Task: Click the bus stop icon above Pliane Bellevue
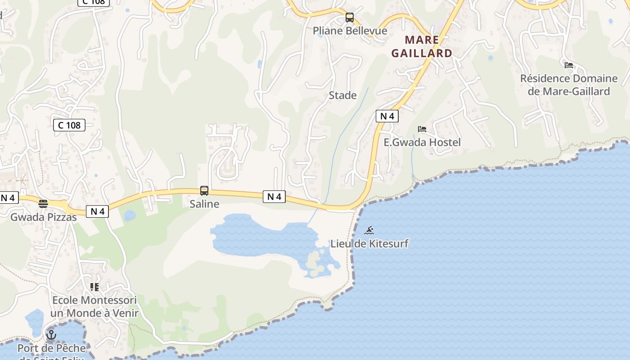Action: click(x=350, y=18)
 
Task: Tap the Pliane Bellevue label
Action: click(x=350, y=31)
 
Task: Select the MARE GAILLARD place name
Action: click(x=422, y=46)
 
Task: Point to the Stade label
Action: click(x=342, y=95)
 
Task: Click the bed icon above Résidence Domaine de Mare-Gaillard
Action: click(x=569, y=65)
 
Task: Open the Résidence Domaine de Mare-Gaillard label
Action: click(x=569, y=85)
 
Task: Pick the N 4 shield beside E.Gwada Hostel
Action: click(x=387, y=116)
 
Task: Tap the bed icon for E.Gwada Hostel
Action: click(x=422, y=129)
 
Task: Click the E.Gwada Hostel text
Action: click(x=422, y=142)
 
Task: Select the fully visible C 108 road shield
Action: click(x=69, y=125)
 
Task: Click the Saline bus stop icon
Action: click(x=204, y=191)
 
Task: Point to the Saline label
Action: click(x=204, y=204)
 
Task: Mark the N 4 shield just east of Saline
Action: click(x=274, y=196)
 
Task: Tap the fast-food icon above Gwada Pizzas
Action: click(x=43, y=204)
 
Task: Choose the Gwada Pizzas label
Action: click(x=43, y=217)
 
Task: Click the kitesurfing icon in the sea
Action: click(x=369, y=231)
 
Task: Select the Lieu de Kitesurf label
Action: click(x=369, y=243)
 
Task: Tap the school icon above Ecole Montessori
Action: click(x=94, y=287)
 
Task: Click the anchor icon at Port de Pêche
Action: click(x=51, y=335)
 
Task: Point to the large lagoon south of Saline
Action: click(x=256, y=236)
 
